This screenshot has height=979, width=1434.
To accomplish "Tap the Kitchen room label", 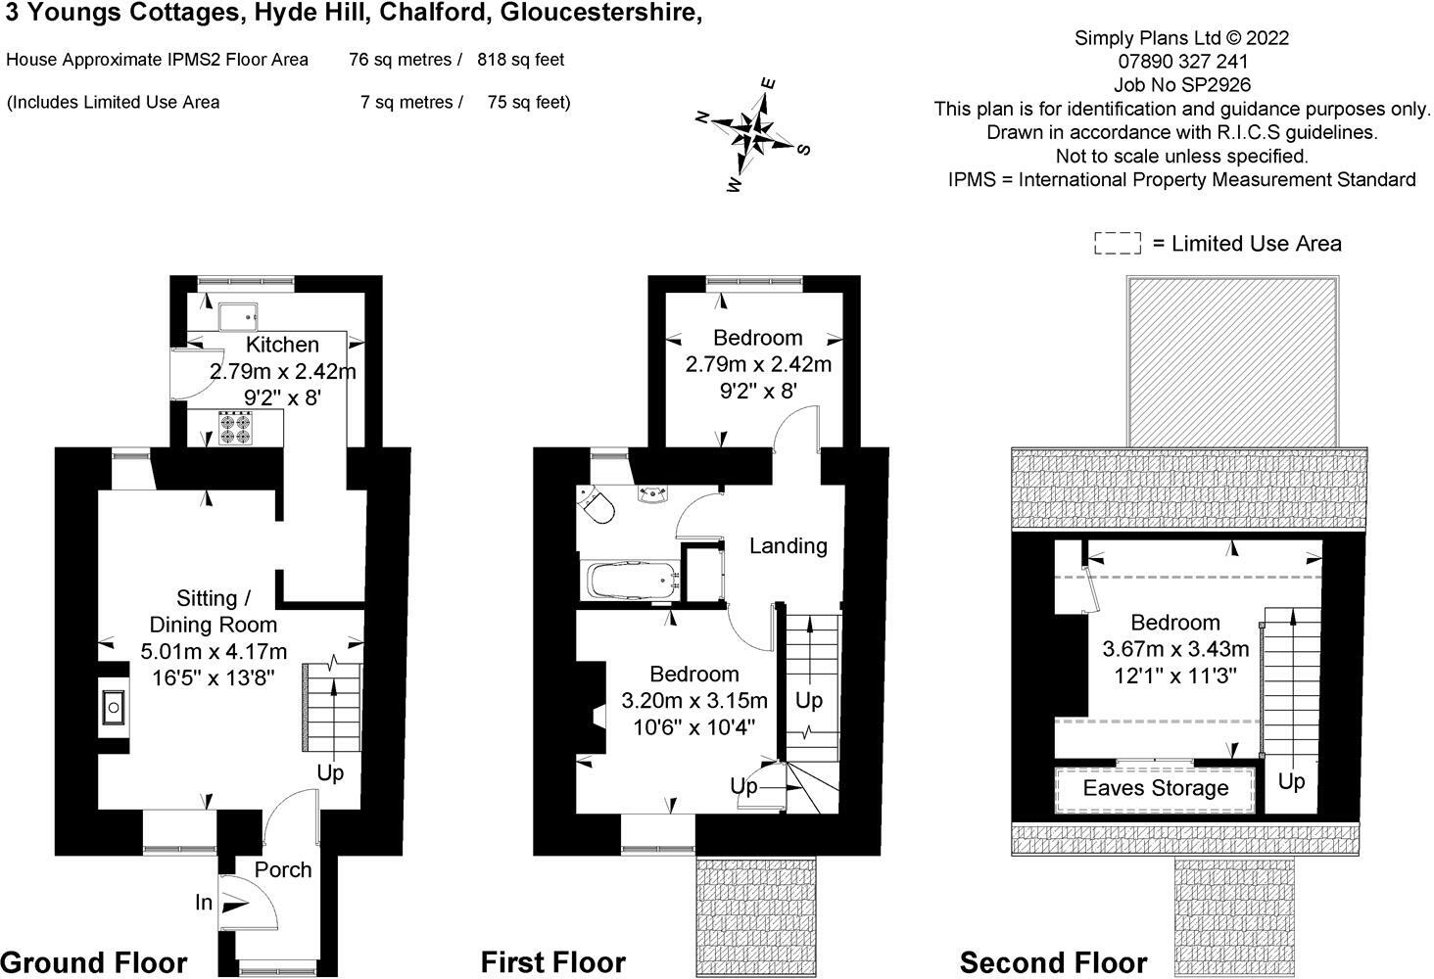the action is pos(282,345).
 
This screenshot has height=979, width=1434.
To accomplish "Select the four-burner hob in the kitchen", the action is pos(234,428).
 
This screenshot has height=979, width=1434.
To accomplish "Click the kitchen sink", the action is pos(239,317).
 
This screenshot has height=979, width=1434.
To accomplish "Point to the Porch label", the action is pos(283,869).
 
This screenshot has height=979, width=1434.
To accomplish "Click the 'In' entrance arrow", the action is pos(234,905).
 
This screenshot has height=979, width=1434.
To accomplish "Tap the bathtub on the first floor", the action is pos(631,581).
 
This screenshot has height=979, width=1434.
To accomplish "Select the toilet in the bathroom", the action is pos(596,504).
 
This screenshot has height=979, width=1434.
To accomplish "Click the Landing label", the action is pos(789,546).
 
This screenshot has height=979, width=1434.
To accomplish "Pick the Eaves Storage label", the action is pos(1156,788).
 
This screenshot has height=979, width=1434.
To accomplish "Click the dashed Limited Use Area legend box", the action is pos(1118,243).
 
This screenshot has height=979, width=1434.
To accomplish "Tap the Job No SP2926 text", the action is pos(1181,84).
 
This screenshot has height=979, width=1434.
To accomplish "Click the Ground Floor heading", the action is pos(94,963).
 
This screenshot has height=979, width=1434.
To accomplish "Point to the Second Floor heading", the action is pos(1054,963).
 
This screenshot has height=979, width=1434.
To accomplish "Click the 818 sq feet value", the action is pos(520,60).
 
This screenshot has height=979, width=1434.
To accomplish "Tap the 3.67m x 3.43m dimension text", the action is pos(1175,649).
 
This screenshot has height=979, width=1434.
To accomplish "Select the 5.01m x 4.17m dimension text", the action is pos(214,651).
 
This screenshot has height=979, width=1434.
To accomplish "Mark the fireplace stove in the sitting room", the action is pos(114,707).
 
